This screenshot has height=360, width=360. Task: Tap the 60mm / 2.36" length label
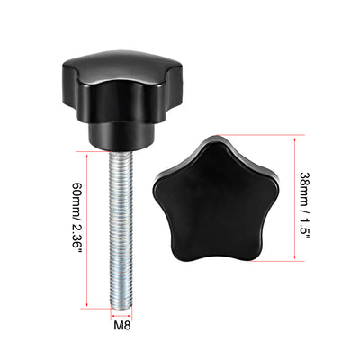73,227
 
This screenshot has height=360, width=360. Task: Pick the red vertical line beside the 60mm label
87,229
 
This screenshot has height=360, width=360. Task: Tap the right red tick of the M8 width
133,310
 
